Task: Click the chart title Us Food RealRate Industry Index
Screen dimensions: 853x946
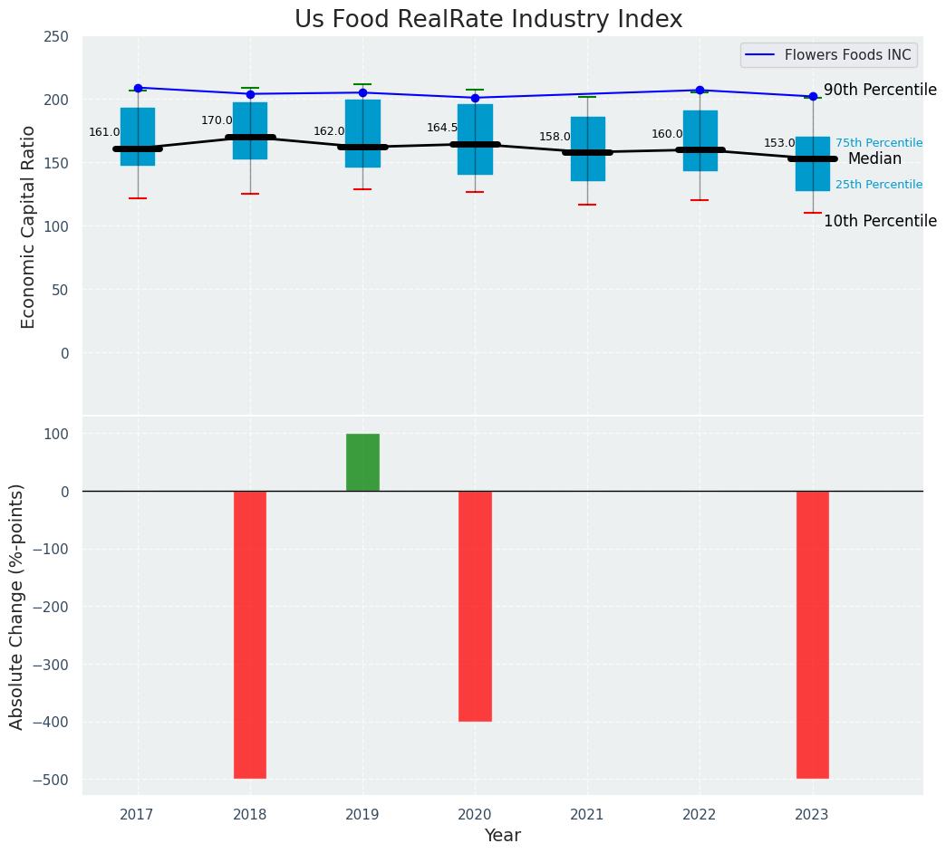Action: click(488, 20)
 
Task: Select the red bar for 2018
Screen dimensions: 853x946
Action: click(250, 634)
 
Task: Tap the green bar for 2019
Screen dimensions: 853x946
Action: click(362, 462)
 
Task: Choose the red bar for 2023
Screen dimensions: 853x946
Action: click(813, 634)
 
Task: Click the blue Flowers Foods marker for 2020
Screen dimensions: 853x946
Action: click(475, 98)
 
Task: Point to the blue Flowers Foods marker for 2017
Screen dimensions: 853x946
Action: click(138, 88)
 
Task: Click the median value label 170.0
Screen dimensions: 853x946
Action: click(217, 120)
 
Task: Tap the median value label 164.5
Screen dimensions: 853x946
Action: click(442, 128)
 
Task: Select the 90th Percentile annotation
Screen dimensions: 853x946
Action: click(880, 90)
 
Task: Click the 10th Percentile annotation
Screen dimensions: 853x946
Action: click(880, 221)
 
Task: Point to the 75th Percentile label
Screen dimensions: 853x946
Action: click(879, 143)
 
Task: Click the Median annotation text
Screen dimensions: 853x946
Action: click(874, 159)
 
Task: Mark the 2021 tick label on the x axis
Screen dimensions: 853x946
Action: click(587, 815)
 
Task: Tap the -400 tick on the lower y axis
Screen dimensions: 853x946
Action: click(52, 723)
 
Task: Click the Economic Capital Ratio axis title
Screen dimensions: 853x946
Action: click(28, 226)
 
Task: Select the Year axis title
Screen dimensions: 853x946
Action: click(502, 836)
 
